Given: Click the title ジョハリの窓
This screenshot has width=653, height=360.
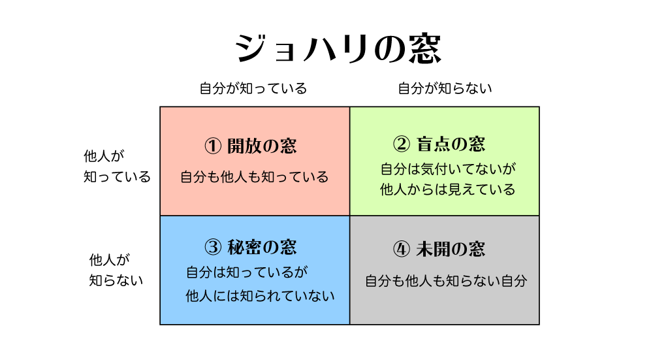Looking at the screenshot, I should pyautogui.click(x=338, y=49).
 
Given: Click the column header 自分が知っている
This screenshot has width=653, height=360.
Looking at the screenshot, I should pyautogui.click(x=253, y=88).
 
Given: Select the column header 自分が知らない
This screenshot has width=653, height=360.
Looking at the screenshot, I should pyautogui.click(x=445, y=88).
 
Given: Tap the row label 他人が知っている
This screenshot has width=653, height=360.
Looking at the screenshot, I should pyautogui.click(x=117, y=167).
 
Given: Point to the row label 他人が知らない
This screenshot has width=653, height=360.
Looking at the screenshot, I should pyautogui.click(x=116, y=270).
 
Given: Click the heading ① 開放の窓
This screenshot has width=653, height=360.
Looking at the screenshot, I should pyautogui.click(x=251, y=146).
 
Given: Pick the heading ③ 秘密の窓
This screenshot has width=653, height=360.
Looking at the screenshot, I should pyautogui.click(x=251, y=247).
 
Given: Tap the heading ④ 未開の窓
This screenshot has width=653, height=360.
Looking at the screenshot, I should pyautogui.click(x=439, y=249).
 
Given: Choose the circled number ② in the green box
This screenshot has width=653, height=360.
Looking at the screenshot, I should pyautogui.click(x=402, y=144).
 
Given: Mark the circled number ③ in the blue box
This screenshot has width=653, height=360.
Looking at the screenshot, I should pyautogui.click(x=214, y=248).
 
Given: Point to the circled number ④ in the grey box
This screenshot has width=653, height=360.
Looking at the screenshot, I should pyautogui.click(x=402, y=250).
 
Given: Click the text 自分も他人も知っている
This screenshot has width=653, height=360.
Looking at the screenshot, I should pyautogui.click(x=255, y=177).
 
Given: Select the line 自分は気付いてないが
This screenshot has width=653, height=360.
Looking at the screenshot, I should pyautogui.click(x=448, y=169).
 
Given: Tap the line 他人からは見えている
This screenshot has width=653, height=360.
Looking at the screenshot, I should pyautogui.click(x=448, y=190).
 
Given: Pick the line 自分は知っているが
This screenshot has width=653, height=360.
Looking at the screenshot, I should pyautogui.click(x=247, y=272).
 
